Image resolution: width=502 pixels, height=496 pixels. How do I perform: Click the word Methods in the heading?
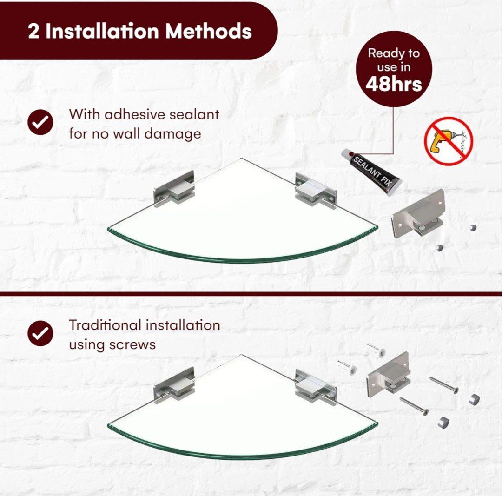pyautogui.click(x=208, y=31)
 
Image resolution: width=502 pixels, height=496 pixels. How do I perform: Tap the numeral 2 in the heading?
pyautogui.click(x=33, y=32)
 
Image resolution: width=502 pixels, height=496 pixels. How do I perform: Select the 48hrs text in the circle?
pyautogui.click(x=394, y=84)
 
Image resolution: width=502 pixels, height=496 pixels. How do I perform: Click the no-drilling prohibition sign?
pyautogui.click(x=449, y=141)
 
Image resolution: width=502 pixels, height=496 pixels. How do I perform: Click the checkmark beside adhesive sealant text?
pyautogui.click(x=40, y=122)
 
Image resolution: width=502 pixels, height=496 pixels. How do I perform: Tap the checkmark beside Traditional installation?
pyautogui.click(x=40, y=333)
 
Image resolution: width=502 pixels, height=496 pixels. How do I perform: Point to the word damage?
pyautogui.click(x=173, y=134)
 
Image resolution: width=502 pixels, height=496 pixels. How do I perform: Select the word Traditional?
pyautogui.click(x=105, y=325)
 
